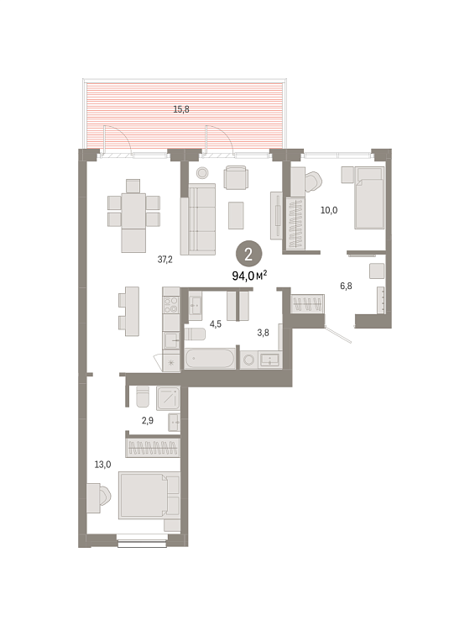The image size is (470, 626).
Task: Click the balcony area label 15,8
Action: [181, 109]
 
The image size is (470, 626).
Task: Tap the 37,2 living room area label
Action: [165, 260]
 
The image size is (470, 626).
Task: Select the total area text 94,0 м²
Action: [249, 275]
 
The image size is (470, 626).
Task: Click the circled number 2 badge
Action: [248, 254]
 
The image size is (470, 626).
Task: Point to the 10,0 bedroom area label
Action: [329, 210]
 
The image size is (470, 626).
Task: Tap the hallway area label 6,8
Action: [346, 286]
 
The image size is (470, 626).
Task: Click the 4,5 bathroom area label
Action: [215, 324]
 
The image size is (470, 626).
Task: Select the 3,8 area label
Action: [263, 332]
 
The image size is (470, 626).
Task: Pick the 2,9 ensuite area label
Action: [148, 420]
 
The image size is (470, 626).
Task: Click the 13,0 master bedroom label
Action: [102, 465]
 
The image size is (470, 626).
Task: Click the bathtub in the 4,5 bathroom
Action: [210, 358]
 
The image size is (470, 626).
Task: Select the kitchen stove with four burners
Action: [171, 305]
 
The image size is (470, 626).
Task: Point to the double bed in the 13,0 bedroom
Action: [149, 496]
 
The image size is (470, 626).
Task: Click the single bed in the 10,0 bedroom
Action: [369, 198]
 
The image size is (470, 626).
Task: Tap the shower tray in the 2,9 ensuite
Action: [168, 398]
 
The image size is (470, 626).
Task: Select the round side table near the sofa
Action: [202, 173]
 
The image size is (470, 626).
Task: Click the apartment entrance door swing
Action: [338, 334]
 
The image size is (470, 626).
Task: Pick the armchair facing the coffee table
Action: [236, 177]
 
